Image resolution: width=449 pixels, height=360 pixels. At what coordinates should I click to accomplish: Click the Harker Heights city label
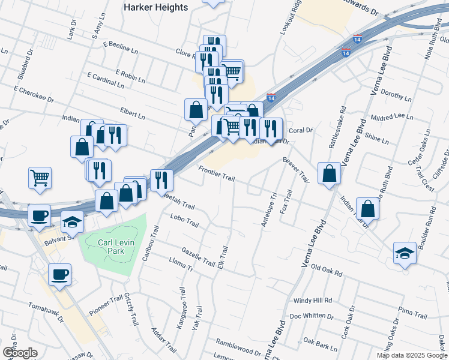pos(155,7)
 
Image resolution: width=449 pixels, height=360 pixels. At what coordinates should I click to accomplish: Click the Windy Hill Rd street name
pos(313,300)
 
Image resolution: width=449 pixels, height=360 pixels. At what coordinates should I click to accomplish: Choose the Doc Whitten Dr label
pos(311,316)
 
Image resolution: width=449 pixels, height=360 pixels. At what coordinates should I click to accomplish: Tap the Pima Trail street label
pos(412,313)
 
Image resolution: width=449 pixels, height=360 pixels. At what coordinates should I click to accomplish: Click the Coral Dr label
pos(301,130)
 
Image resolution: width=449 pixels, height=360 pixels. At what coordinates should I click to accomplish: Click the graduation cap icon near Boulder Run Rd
pos(405,253)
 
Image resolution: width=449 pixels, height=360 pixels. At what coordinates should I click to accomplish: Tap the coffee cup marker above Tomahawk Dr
pos(60,274)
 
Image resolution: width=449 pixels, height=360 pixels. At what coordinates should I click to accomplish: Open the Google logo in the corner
pos(19,353)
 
